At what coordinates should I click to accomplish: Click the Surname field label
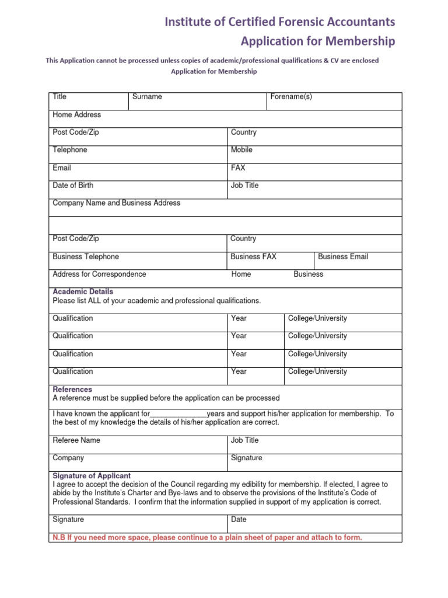pyautogui.click(x=147, y=97)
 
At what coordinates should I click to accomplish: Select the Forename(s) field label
pyautogui.click(x=291, y=97)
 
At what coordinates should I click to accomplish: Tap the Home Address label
pyautogui.click(x=76, y=114)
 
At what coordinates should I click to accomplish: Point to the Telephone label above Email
pyautogui.click(x=69, y=150)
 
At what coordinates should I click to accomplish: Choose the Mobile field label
pyautogui.click(x=242, y=150)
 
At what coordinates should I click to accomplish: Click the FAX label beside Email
pyautogui.click(x=238, y=168)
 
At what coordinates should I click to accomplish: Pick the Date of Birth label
pyautogui.click(x=72, y=185)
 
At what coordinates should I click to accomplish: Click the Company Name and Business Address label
pyautogui.click(x=116, y=203)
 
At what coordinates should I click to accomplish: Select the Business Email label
pyautogui.click(x=343, y=256)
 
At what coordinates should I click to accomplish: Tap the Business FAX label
pyautogui.click(x=253, y=256)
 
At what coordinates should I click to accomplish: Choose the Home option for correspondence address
pyautogui.click(x=241, y=274)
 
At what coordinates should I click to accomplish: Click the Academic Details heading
pyautogui.click(x=83, y=291)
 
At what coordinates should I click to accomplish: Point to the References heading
pyautogui.click(x=72, y=389)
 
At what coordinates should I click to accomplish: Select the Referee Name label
pyautogui.click(x=76, y=440)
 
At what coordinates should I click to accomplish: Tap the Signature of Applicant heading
pyautogui.click(x=92, y=475)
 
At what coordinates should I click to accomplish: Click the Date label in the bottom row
pyautogui.click(x=239, y=519)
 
